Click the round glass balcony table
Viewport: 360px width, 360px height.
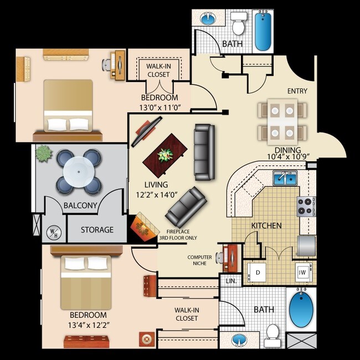[x=78, y=172]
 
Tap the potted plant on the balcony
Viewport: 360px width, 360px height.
[x=44, y=153]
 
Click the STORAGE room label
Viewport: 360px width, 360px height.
[x=97, y=230]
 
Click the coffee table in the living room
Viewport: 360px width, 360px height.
[x=166, y=155]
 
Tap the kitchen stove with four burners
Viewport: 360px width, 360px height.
[x=305, y=206]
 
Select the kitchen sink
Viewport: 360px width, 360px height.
[x=285, y=178]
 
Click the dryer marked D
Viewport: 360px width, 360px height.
[x=258, y=272]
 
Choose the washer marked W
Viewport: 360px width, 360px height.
[x=302, y=272]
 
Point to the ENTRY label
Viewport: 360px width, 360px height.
[x=297, y=91]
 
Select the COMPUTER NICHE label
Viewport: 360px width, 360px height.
[x=199, y=260]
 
